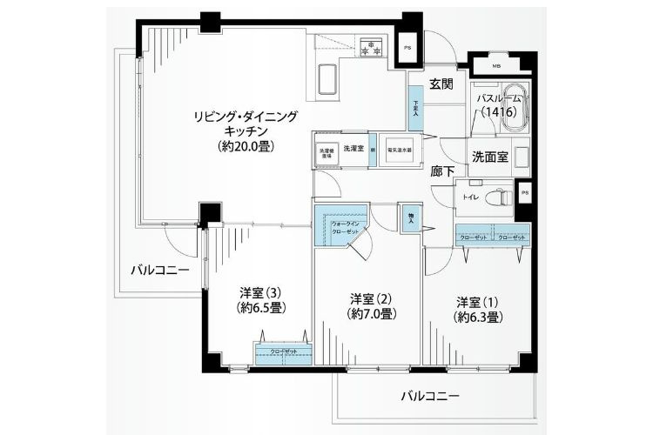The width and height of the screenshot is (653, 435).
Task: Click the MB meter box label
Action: pyautogui.click(x=496, y=66)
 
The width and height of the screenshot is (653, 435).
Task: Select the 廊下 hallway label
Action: pyautogui.click(x=442, y=171)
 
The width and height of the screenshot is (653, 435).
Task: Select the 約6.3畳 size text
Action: pyautogui.click(x=478, y=318)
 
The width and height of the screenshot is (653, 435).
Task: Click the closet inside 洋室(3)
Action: pyautogui.click(x=280, y=352)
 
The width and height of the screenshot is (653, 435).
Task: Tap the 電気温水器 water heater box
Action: pyautogui.click(x=399, y=150)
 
